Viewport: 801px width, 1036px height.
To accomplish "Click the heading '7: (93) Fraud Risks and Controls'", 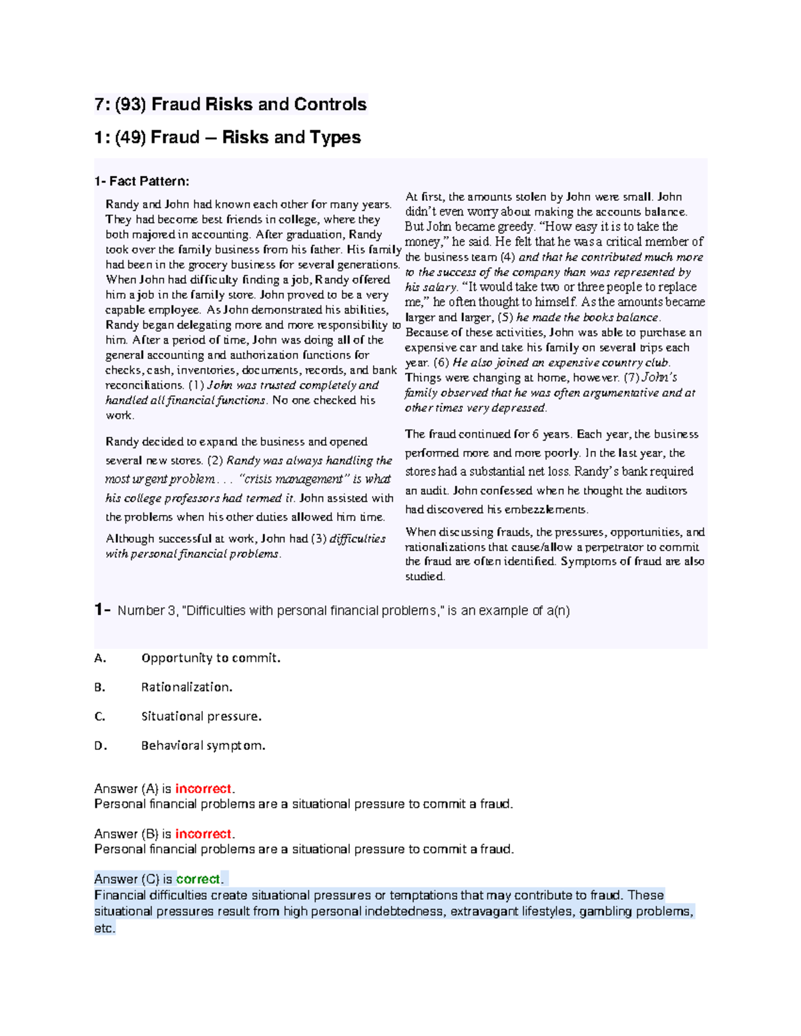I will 230,105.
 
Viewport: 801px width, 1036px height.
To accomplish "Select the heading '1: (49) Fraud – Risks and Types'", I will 228,137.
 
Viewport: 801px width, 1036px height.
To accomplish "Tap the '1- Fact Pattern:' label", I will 142,181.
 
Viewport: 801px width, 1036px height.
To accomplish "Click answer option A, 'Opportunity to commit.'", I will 210,658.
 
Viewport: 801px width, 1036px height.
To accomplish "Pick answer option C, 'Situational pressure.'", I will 201,716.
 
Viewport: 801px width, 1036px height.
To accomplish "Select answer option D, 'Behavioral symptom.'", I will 203,746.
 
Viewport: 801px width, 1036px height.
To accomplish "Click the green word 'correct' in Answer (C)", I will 198,879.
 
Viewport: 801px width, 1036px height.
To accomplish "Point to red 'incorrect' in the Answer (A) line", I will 203,789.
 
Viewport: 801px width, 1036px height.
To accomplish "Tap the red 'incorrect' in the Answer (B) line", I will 203,835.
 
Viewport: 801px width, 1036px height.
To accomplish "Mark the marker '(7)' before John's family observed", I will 631,378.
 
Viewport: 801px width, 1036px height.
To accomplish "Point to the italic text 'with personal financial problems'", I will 192,554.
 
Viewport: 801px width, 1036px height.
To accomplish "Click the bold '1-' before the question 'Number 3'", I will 102,610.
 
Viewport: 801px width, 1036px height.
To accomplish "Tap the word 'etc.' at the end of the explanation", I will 105,929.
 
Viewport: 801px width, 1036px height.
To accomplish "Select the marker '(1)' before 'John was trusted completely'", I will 196,386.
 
